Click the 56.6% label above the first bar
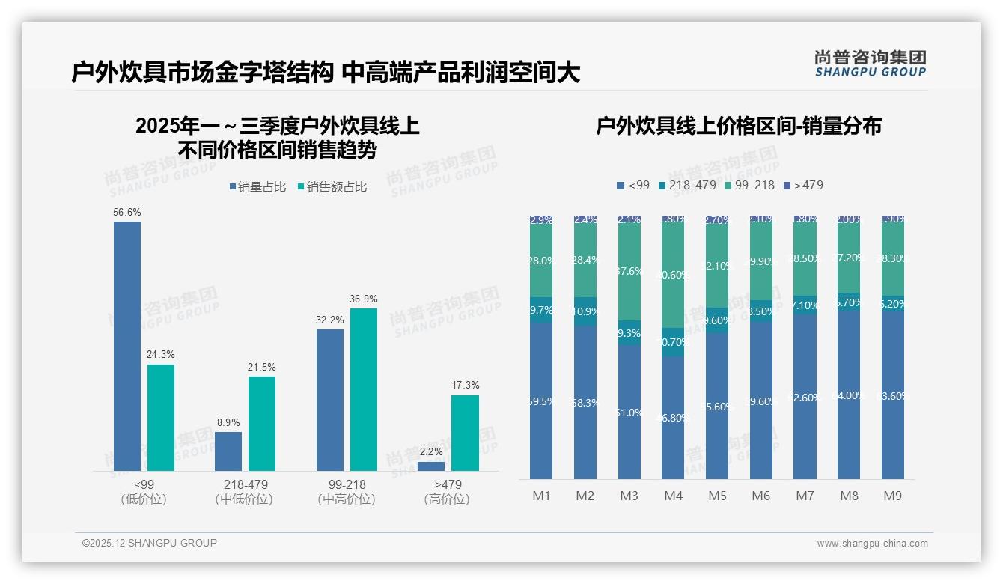tap(127, 213)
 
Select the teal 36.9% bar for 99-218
tap(364, 389)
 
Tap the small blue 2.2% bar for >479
tap(431, 466)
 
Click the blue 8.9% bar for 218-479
tap(228, 451)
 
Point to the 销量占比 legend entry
tap(257, 187)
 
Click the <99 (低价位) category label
tap(143, 492)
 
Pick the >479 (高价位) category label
tap(448, 492)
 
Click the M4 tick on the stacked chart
tap(674, 496)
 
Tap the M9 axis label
tap(893, 496)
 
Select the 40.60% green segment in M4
tap(674, 275)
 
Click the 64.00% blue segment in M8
tap(849, 395)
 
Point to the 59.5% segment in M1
tap(541, 401)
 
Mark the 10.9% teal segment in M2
tap(585, 311)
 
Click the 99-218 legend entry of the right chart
tap(749, 185)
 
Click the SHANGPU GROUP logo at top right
tap(870, 64)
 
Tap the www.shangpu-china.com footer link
tap(872, 544)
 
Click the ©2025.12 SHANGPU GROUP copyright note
tap(150, 543)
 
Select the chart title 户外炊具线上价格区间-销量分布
tap(738, 126)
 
